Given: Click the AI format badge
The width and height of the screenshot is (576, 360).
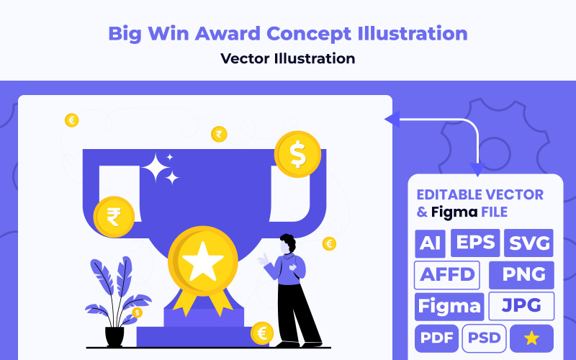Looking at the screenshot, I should click(430, 243).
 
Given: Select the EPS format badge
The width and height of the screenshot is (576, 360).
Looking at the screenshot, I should click(475, 243).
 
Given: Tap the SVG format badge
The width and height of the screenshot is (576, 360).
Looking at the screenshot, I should click(529, 243).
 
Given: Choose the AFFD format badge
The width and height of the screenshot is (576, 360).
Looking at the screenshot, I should click(447, 274).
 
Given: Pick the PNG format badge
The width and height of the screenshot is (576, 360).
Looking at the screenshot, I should click(521, 275).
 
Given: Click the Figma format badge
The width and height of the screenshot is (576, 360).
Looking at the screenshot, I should click(449, 306).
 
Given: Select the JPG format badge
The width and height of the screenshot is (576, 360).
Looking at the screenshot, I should click(521, 306).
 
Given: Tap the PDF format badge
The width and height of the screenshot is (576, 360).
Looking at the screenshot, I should click(436, 338).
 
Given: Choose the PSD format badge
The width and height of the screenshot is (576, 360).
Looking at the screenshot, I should click(484, 338).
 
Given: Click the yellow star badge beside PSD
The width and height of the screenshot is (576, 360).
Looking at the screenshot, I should click(532, 338).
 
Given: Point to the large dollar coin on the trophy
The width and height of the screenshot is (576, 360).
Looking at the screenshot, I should click(297, 154).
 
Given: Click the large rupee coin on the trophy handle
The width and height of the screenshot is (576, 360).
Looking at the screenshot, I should click(114, 216).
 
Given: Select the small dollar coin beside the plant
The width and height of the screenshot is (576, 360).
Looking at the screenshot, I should click(137, 312).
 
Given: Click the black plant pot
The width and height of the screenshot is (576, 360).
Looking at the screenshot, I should click(114, 336).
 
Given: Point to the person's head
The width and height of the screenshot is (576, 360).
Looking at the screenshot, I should click(288, 243).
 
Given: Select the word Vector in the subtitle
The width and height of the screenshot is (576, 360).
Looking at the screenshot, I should click(246, 58).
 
